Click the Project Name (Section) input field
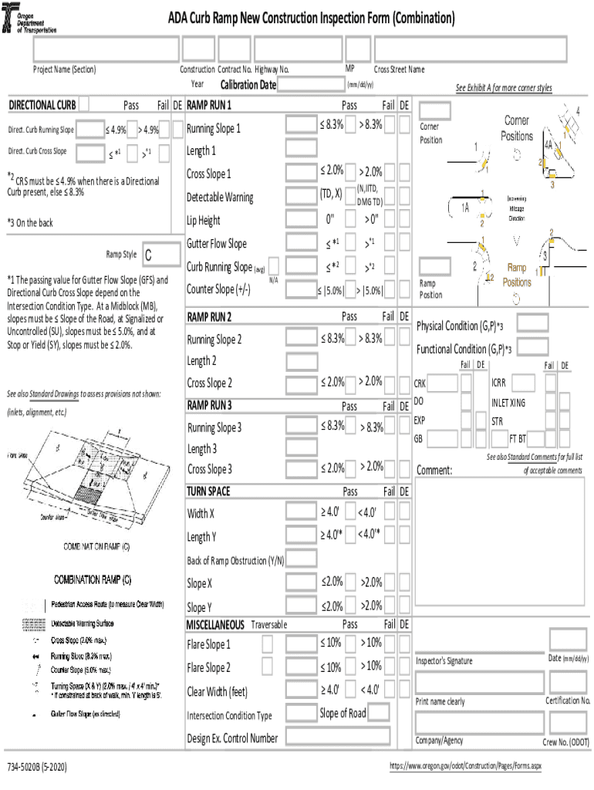pyautogui.click(x=106, y=49)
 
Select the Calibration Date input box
pyautogui.click(x=309, y=85)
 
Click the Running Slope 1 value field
pyautogui.click(x=300, y=126)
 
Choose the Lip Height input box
pyautogui.click(x=300, y=220)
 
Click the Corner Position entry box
pyautogui.click(x=434, y=111)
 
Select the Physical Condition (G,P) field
pyautogui.click(x=532, y=324)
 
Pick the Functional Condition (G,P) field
pyautogui.click(x=532, y=347)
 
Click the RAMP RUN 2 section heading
pyautogui.click(x=209, y=317)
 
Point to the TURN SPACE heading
pyautogui.click(x=208, y=491)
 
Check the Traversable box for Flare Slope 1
pyautogui.click(x=267, y=643)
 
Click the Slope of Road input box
pyautogui.click(x=379, y=713)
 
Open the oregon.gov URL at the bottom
pyautogui.click(x=466, y=767)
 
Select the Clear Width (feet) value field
pyautogui.click(x=300, y=690)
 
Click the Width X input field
pyautogui.click(x=300, y=512)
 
